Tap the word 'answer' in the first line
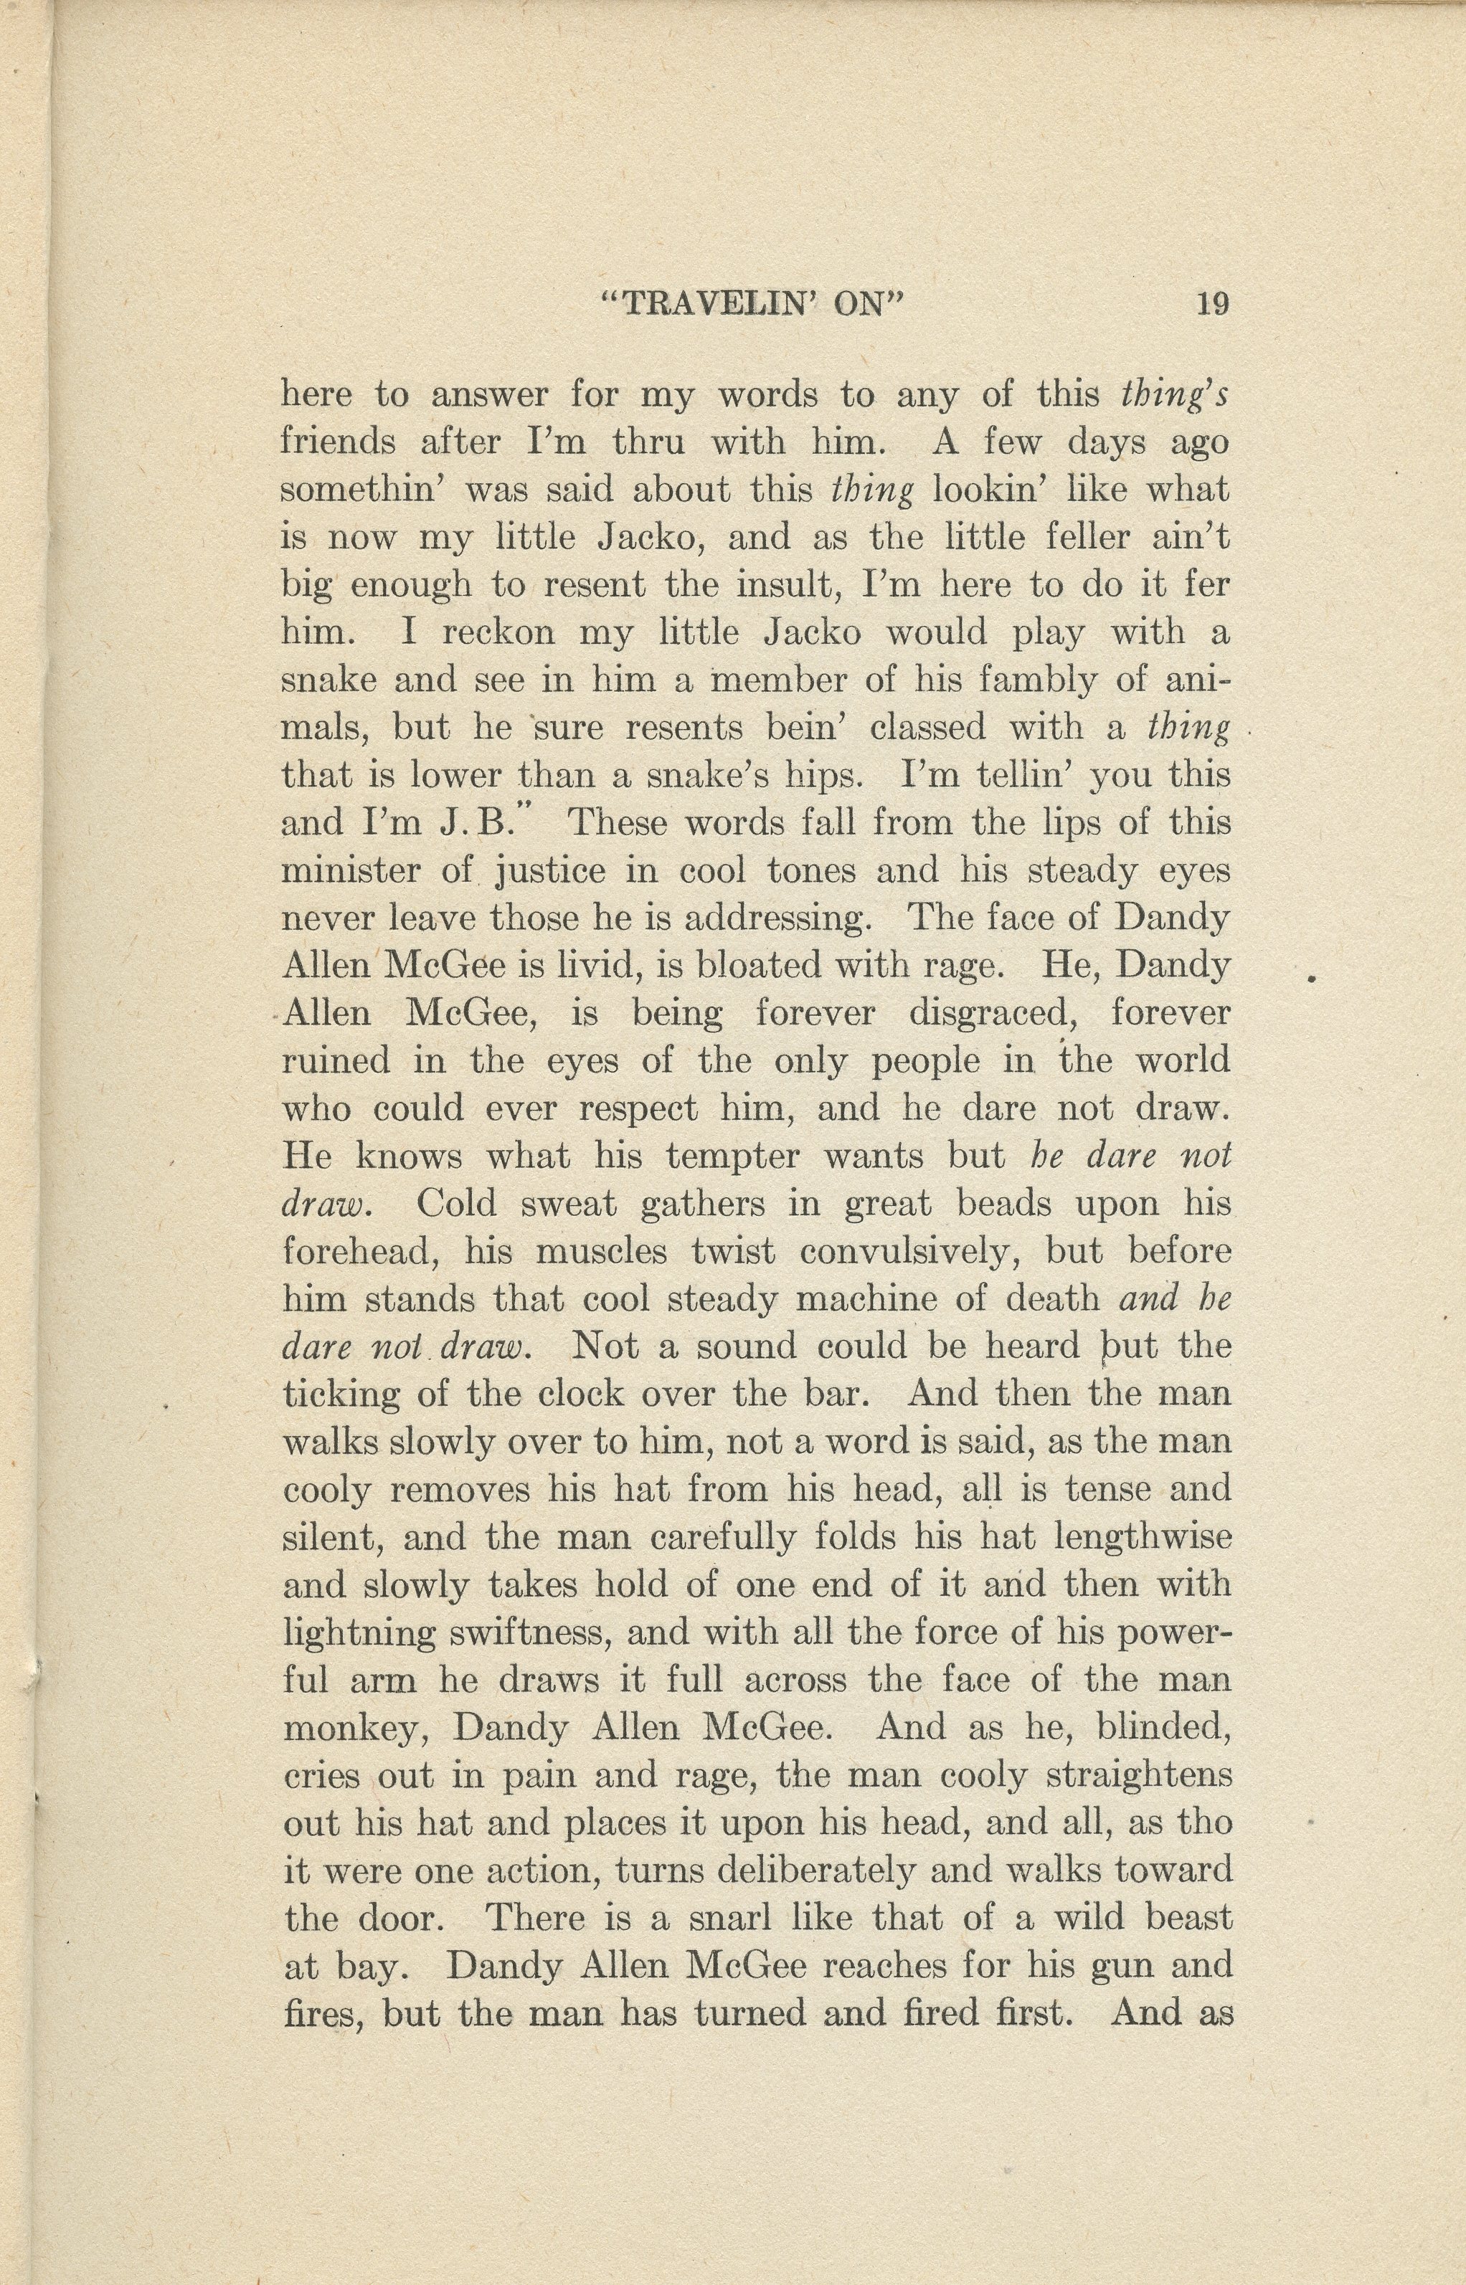pyautogui.click(x=491, y=395)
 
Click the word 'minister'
pyautogui.click(x=351, y=871)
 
